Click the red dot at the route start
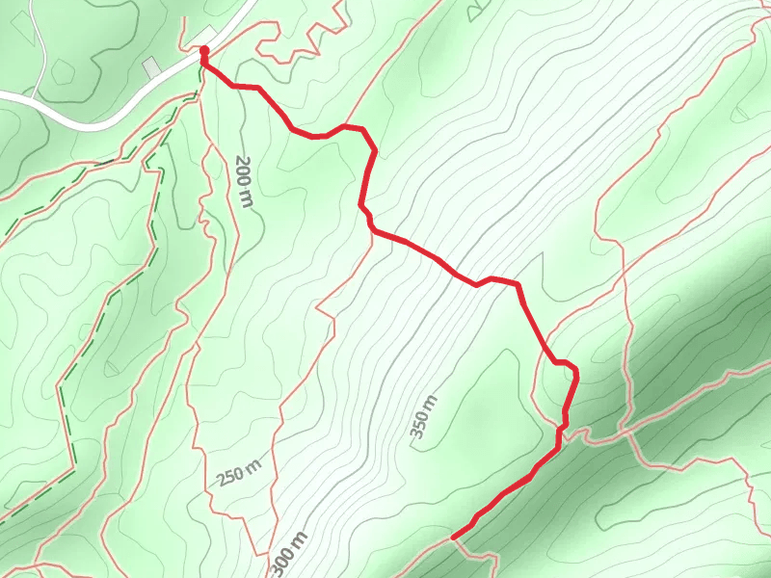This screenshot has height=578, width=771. tap(203, 50)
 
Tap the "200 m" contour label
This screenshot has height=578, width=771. tap(244, 182)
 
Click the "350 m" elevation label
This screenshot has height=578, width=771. tap(424, 417)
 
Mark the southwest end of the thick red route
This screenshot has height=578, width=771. tap(453, 537)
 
